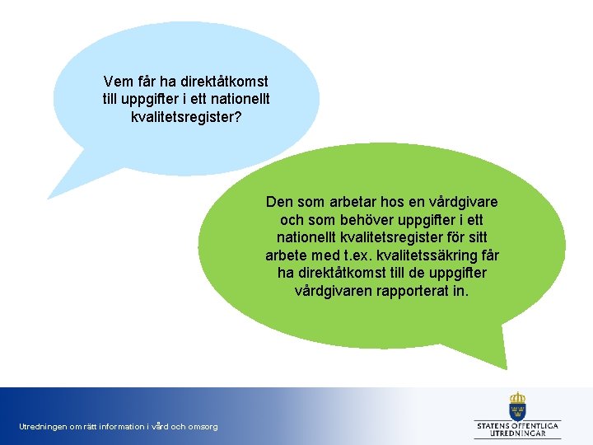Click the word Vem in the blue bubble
119,82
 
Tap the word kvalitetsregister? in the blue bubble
186,117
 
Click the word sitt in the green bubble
486,237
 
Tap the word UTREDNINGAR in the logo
517,433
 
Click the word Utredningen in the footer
41,426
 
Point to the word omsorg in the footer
203,426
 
